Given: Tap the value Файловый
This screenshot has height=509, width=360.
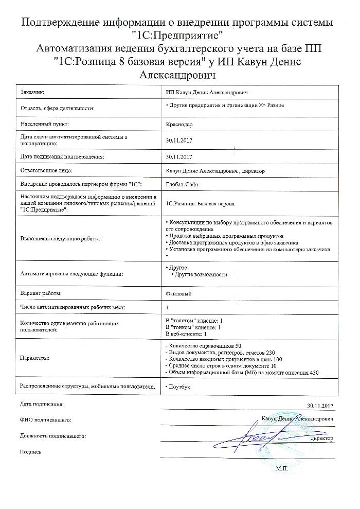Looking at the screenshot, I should tap(178, 293).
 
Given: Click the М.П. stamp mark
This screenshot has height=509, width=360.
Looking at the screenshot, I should tap(283, 469).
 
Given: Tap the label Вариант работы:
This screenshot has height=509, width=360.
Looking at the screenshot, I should tap(41, 293).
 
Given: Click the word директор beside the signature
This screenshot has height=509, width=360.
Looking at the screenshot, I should tap(321, 438).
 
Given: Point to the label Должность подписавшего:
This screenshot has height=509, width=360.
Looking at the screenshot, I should tap(53, 436).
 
